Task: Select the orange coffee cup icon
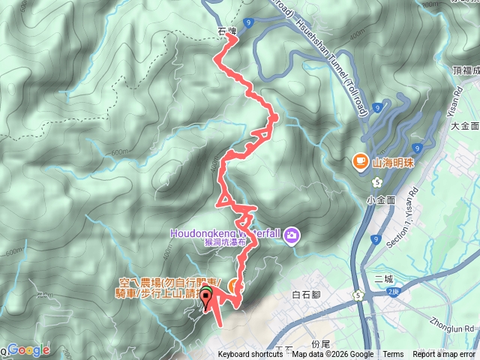point(360,161)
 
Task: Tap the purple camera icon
point(291,236)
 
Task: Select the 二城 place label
point(382,279)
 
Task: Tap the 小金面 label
point(380,200)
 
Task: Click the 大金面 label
point(464,127)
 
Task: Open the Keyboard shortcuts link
point(250,355)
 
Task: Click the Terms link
point(392,355)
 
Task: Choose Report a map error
point(444,355)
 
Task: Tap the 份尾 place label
point(320,342)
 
